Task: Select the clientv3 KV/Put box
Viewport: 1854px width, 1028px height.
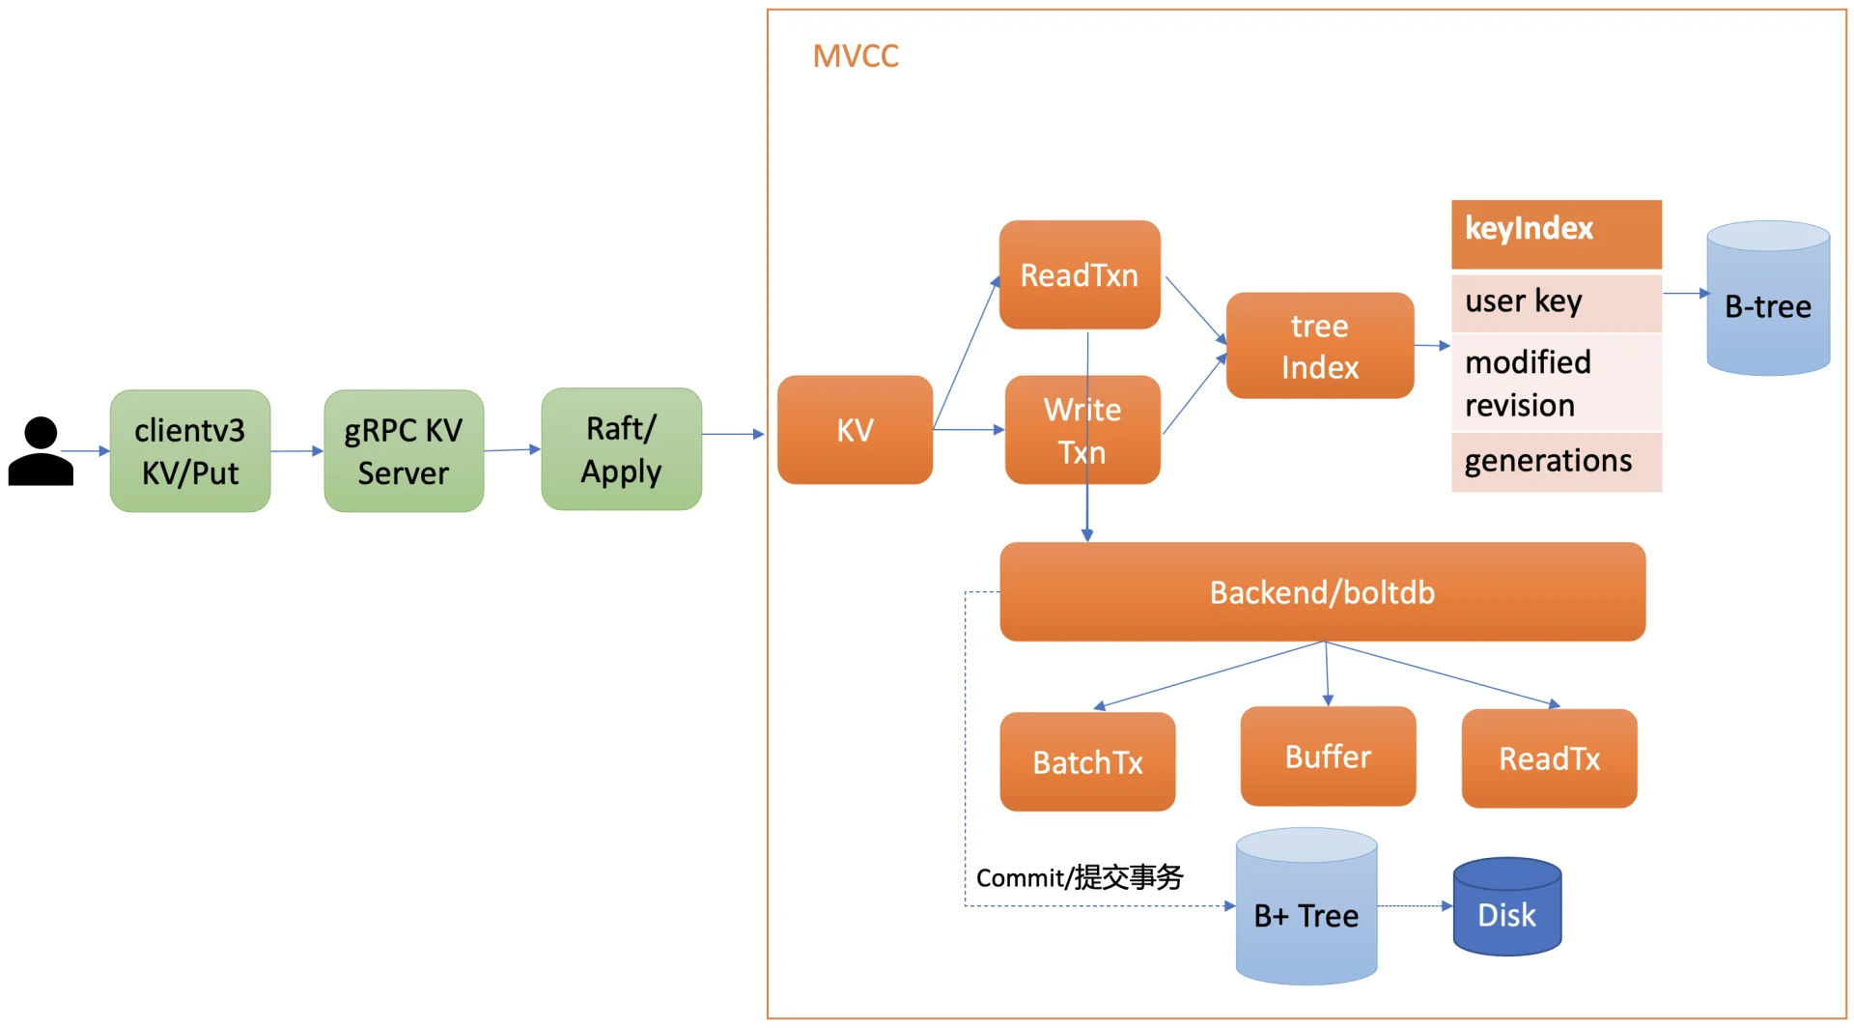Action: pos(190,451)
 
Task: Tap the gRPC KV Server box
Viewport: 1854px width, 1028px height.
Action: pos(404,451)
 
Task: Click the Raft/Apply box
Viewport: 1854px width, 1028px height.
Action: pos(621,449)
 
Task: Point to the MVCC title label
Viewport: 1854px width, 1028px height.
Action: pos(856,56)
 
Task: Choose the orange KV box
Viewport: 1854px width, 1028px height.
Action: pos(855,430)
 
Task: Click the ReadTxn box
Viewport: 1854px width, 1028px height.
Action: pos(1080,275)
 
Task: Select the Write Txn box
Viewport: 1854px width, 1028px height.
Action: pos(1082,430)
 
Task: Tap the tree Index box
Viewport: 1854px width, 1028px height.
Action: pos(1320,346)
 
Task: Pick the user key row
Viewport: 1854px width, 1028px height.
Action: pos(1556,302)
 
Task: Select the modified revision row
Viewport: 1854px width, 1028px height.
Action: pos(1556,383)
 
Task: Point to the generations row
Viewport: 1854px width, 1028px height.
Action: pos(1556,462)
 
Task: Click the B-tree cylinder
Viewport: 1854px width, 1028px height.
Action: pos(1768,300)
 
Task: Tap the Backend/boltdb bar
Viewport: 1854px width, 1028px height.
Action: pos(1322,592)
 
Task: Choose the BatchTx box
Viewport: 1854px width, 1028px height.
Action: pos(1087,762)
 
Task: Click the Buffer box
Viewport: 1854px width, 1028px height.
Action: pos(1328,757)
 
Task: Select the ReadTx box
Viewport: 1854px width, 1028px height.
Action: pos(1549,758)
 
